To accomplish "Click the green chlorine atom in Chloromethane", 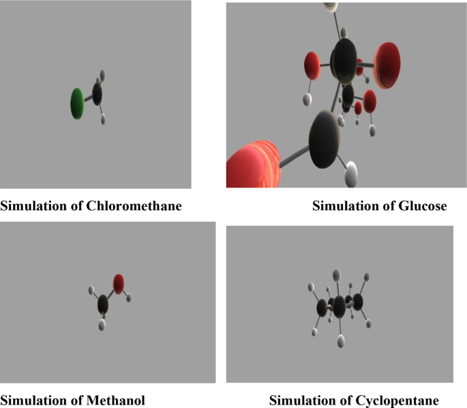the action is pos(78,103).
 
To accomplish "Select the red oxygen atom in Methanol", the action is pos(119,283).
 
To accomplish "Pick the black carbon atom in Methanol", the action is pos(103,302).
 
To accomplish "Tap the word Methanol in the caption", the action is pos(117,399).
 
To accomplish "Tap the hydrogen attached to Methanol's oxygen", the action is pos(128,298).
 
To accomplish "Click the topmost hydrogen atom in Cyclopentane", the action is pos(336,275).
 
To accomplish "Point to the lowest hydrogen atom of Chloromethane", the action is pos(103,119).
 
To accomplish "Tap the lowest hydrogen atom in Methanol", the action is pos(102,325).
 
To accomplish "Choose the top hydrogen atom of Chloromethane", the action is pos(102,74).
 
